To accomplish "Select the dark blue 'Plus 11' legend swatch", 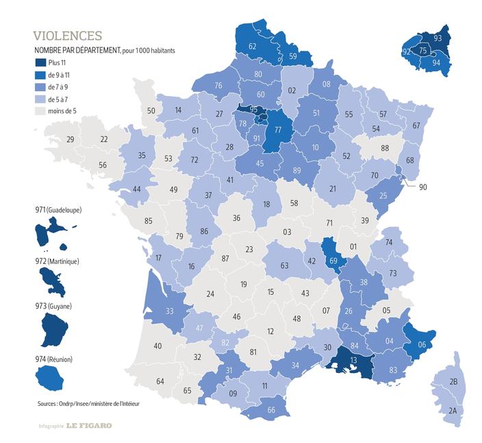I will [x=40, y=63].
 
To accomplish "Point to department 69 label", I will [x=333, y=261].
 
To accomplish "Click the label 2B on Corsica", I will [x=453, y=381].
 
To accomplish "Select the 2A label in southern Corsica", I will [x=453, y=411].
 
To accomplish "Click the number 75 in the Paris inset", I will [x=422, y=51].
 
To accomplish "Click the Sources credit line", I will [x=88, y=404].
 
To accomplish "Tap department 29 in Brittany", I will [x=70, y=140].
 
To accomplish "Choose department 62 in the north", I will [x=252, y=47].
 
